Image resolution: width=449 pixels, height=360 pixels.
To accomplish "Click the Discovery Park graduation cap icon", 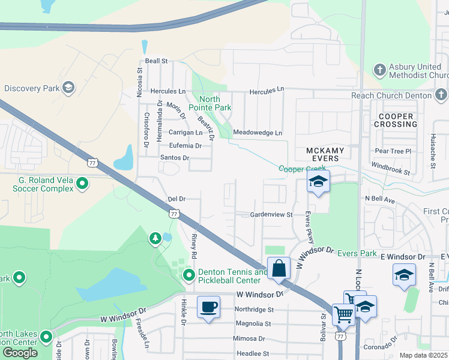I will tap(68, 88).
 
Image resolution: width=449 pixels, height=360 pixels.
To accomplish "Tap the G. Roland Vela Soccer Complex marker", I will tap(83, 183).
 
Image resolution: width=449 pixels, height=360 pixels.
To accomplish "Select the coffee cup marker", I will tap(208, 307).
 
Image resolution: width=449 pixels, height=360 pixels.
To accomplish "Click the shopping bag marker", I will tap(280, 267).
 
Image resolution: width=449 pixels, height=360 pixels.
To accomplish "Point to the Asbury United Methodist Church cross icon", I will tap(379, 70).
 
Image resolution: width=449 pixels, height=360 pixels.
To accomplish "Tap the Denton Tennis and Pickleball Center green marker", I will tap(189, 275).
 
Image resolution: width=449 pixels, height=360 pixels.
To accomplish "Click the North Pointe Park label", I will tap(210, 103).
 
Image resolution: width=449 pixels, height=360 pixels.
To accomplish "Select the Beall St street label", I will tap(156, 61).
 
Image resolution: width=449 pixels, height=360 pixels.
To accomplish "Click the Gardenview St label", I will tap(271, 214).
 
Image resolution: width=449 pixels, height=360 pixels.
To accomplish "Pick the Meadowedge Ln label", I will tap(258, 133).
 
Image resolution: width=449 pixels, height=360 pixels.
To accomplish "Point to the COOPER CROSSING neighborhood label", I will tap(396, 120).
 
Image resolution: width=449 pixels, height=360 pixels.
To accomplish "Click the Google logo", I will tap(20, 352).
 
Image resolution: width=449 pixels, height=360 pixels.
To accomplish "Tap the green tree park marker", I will tap(155, 239).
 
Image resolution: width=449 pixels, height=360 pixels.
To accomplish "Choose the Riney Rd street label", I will tap(194, 246).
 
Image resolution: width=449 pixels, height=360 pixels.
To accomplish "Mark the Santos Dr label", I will tap(175, 158).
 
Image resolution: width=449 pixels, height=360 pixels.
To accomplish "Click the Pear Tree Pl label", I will tap(393, 152).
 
